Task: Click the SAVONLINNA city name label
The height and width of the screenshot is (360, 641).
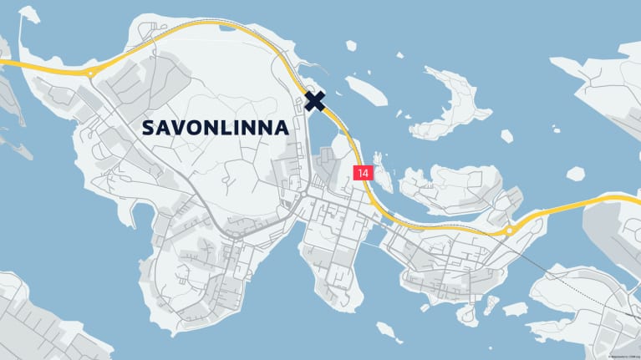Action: click(x=216, y=128)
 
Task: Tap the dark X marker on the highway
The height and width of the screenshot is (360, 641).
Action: click(x=315, y=101)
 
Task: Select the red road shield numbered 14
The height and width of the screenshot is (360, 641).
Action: click(x=362, y=173)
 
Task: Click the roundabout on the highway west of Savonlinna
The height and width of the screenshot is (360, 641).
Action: click(x=89, y=73)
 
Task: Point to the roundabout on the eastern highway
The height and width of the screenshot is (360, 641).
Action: click(x=509, y=230)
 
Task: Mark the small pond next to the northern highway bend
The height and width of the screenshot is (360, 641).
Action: click(x=226, y=26)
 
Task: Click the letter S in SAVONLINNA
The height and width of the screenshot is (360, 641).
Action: click(x=148, y=128)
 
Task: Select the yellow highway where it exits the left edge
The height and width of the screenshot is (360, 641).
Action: click(x=4, y=60)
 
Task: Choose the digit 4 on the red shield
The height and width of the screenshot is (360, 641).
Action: click(x=365, y=173)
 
